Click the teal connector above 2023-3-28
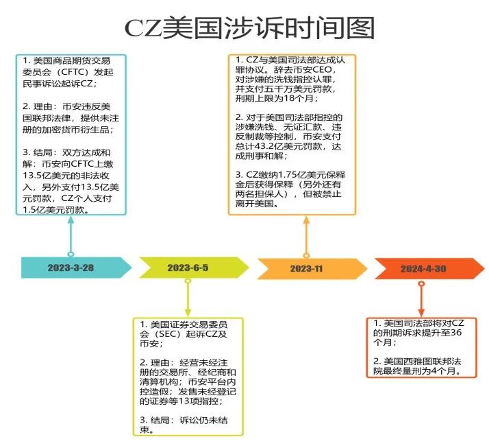[x=70, y=237]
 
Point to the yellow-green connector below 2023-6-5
[x=188, y=295]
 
